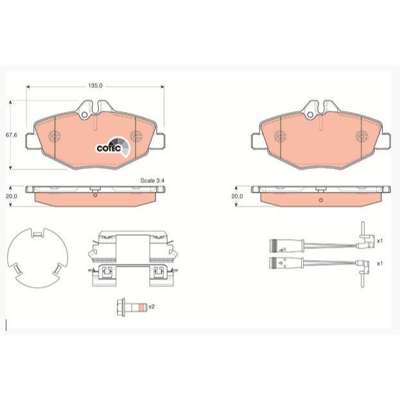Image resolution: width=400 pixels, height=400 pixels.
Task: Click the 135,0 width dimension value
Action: [x=95, y=86]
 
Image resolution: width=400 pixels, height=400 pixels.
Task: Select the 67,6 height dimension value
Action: [x=12, y=135]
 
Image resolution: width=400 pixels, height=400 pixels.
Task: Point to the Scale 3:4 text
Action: [x=152, y=180]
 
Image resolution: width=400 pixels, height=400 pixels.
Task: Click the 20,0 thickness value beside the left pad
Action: [x=12, y=196]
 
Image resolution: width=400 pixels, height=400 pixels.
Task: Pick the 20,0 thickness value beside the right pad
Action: [x=238, y=196]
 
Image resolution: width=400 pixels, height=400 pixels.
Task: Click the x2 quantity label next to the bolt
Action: [x=152, y=306]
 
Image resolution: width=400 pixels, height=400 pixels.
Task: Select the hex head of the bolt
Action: [x=121, y=307]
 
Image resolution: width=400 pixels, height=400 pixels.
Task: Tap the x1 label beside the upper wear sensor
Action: [x=380, y=241]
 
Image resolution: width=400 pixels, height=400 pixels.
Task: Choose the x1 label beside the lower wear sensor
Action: [x=380, y=263]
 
